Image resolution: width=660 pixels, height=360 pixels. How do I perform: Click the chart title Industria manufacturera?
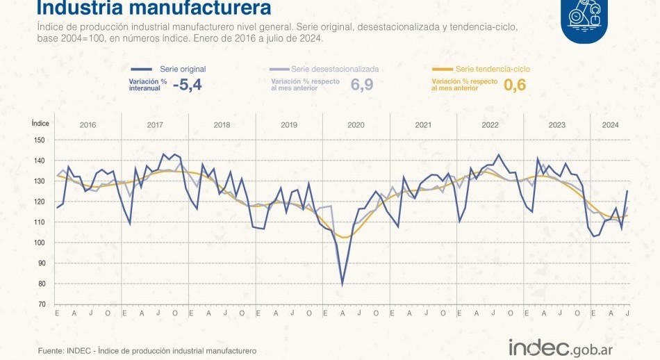154,9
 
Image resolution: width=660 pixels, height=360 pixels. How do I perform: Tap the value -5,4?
188,85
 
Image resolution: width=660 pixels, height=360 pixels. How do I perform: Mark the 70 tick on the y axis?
41,304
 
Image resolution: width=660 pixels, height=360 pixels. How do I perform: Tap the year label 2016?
88,125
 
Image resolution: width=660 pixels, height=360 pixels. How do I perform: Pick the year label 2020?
356,125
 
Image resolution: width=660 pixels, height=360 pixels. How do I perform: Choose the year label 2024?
611,125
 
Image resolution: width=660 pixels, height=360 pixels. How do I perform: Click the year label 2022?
490,125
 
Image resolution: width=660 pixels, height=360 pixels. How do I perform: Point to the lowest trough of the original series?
342,284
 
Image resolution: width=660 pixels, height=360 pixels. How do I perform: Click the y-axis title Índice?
40,122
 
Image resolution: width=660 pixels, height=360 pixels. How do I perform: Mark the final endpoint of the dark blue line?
628,190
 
